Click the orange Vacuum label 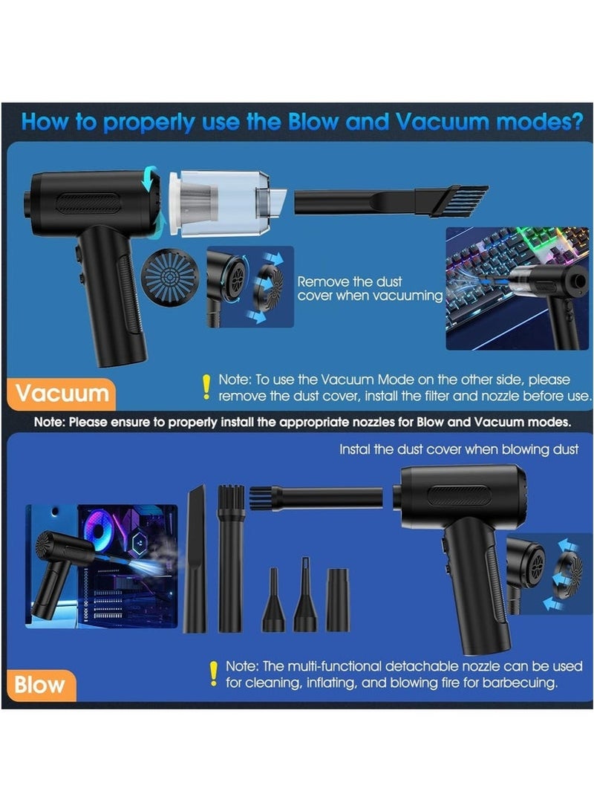(x=61, y=394)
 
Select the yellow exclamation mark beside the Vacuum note (x=206, y=388)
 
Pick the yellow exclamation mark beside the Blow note (x=213, y=674)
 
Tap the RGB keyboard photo (x=517, y=289)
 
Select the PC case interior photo (x=101, y=567)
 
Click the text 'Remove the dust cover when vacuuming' (x=370, y=289)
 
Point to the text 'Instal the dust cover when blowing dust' (x=459, y=449)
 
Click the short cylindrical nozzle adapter (x=338, y=600)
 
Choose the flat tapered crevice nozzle (x=195, y=558)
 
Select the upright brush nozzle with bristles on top (x=231, y=558)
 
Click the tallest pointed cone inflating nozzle (x=305, y=595)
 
